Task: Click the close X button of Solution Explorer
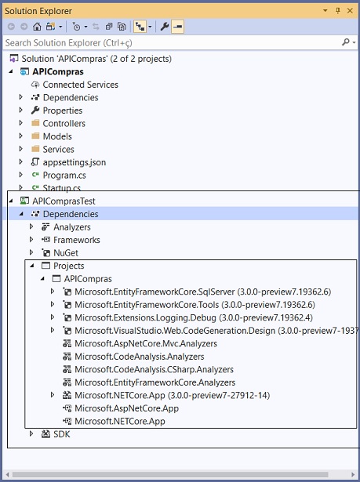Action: pyautogui.click(x=350, y=11)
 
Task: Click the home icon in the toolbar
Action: pyautogui.click(x=37, y=27)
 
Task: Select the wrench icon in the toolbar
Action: pyautogui.click(x=165, y=27)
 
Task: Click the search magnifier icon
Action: pyautogui.click(x=346, y=42)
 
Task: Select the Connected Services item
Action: pyautogui.click(x=80, y=85)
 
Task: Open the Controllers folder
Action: pyautogui.click(x=64, y=123)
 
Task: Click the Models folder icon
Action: pyautogui.click(x=36, y=136)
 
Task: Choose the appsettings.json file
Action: pyautogui.click(x=75, y=162)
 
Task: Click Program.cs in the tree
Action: pyautogui.click(x=64, y=176)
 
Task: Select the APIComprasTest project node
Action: pyautogui.click(x=64, y=201)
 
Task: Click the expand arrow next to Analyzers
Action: pyautogui.click(x=31, y=227)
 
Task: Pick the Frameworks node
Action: pyautogui.click(x=77, y=240)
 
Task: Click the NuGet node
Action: pyautogui.click(x=66, y=252)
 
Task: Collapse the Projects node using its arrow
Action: pyautogui.click(x=32, y=266)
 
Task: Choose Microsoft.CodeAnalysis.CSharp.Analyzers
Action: pyautogui.click(x=154, y=369)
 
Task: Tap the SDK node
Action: pyautogui.click(x=61, y=434)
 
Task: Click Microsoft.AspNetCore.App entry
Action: pyautogui.click(x=126, y=408)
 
